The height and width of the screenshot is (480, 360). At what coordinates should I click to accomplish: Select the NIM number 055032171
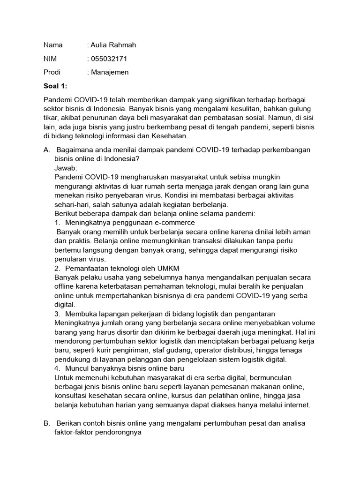109,59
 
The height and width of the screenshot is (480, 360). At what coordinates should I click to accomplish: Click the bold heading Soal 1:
56,86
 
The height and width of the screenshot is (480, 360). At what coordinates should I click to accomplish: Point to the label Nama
53,45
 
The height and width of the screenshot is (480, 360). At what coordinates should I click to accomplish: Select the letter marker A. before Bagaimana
47,150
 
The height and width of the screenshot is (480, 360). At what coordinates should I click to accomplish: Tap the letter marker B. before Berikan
47,423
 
